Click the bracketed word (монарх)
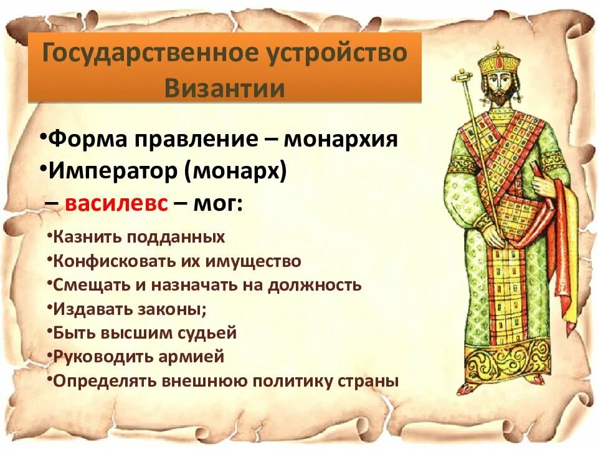tap(235, 171)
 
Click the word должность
tap(315, 286)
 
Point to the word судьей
tap(207, 333)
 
